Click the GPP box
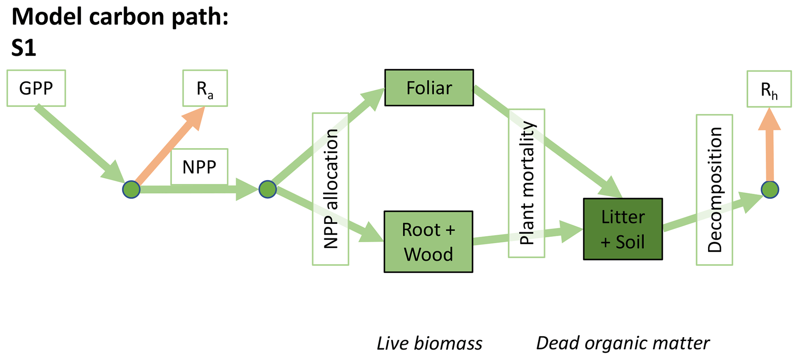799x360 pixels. [36, 88]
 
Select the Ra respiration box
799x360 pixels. [205, 88]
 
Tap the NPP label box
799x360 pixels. [199, 167]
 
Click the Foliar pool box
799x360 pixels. [429, 88]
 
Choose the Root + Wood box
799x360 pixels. [428, 242]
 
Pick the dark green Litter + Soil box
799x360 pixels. [623, 229]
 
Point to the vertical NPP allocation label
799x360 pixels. [331, 189]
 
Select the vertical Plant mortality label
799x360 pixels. [526, 183]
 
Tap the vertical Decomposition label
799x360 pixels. [714, 189]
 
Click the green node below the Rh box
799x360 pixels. [770, 190]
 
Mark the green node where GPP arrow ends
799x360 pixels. [131, 190]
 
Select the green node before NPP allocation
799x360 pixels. [267, 189]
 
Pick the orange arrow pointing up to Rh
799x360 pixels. [770, 147]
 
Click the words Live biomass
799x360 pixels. [429, 343]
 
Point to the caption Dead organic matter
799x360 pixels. [623, 343]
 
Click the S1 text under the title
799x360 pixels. [24, 48]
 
